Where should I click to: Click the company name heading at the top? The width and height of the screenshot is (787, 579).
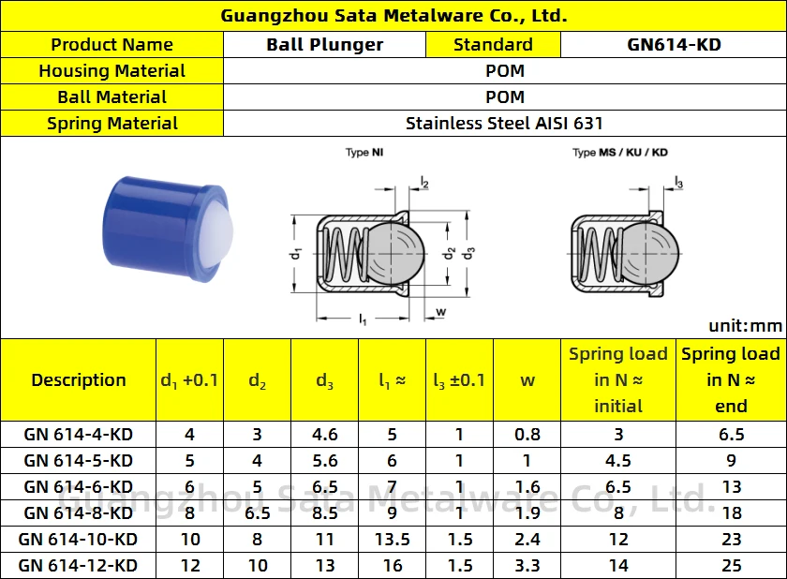[x=393, y=16]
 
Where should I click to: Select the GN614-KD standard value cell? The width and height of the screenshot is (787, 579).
[x=674, y=44]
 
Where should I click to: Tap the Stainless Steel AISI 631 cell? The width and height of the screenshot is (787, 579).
[x=504, y=123]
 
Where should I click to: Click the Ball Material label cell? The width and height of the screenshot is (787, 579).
[x=111, y=96]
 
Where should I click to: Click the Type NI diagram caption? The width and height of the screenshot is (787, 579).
[x=364, y=153]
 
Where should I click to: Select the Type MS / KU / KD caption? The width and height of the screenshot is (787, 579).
[x=619, y=153]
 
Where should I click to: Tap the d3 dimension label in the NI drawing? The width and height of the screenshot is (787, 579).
[x=470, y=253]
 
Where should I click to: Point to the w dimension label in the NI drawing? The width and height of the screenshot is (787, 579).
[x=440, y=311]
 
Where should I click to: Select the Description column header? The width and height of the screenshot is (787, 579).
[x=78, y=379]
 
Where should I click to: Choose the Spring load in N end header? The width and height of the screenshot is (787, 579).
[x=731, y=379]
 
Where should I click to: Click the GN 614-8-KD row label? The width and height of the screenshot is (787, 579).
[x=78, y=512]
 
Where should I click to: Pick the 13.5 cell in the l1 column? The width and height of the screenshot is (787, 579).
[x=392, y=539]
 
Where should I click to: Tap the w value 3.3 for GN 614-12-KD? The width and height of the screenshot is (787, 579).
[x=527, y=565]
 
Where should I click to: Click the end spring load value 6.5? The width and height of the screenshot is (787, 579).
[x=731, y=434]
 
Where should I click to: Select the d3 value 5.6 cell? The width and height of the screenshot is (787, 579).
[x=324, y=460]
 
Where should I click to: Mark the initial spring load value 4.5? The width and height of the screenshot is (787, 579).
[x=618, y=460]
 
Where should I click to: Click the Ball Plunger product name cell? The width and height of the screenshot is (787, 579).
[x=324, y=44]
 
